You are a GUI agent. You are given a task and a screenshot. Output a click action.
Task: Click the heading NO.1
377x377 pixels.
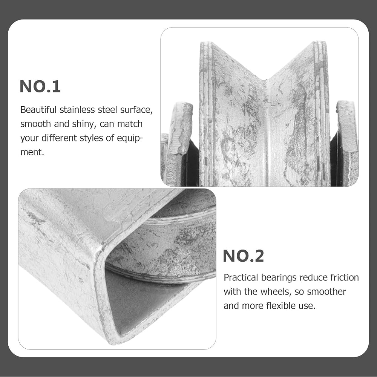point(40,87)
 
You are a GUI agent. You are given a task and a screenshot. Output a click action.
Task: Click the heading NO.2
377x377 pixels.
point(243,256)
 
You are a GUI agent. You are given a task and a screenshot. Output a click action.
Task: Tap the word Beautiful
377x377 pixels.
point(38,110)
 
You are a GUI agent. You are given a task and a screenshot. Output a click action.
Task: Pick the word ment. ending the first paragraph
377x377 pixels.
point(32,152)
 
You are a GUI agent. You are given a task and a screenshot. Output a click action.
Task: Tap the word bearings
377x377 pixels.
point(279,278)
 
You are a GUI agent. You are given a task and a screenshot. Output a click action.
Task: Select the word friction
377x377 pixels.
point(345,277)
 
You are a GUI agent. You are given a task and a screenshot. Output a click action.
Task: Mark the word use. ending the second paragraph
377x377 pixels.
point(307,306)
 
